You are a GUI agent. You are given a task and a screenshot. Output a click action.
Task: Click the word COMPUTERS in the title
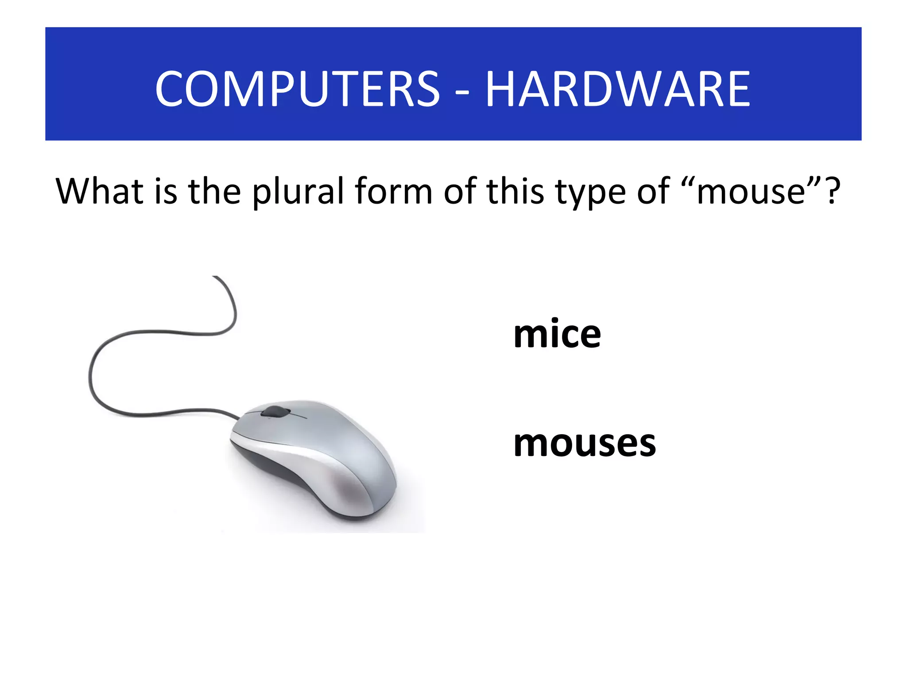click(x=297, y=89)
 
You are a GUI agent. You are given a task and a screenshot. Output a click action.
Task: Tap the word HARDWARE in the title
click(x=618, y=89)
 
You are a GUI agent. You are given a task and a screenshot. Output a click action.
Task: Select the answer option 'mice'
click(x=557, y=334)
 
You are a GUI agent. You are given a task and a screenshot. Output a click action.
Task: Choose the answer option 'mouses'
click(x=584, y=443)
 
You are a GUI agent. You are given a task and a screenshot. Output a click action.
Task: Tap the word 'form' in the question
click(x=393, y=191)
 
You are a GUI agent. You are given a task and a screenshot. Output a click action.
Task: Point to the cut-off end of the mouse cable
click(x=215, y=278)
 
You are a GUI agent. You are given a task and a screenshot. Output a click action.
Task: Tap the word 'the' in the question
click(x=214, y=191)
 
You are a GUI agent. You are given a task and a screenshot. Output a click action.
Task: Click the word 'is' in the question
click(x=166, y=191)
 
